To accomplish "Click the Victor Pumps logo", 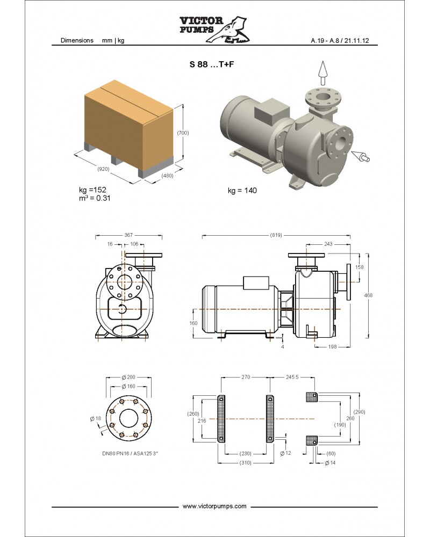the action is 214,29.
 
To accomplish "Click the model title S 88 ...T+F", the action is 212,64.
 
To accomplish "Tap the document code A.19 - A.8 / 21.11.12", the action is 340,40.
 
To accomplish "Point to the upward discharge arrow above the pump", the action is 322,72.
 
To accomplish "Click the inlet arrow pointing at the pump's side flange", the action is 361,156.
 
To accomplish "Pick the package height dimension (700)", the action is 183,133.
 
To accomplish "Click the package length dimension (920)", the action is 103,169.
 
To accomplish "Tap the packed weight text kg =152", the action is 92,190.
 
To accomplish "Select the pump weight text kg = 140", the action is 242,191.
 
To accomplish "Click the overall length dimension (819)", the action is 276,235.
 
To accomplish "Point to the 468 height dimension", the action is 368,295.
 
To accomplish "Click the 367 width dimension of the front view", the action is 128,235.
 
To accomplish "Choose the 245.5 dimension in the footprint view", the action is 292,377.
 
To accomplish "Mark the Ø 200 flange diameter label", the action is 128,377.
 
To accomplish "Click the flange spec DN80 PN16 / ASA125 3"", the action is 130,453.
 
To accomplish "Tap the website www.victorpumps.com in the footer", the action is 214,506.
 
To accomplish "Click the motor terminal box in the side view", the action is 255,282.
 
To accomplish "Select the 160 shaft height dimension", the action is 193,323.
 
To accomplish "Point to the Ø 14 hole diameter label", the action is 330,463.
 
